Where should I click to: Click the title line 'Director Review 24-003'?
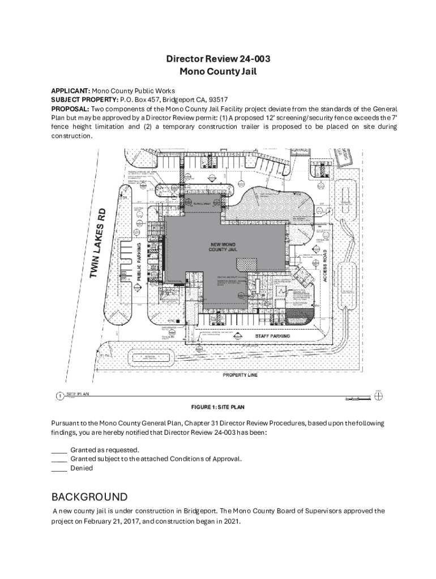217,59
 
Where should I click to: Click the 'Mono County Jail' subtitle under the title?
217,71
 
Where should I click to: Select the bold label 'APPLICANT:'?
71,90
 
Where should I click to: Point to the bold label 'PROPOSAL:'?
70,109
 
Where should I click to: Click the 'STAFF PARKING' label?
272,336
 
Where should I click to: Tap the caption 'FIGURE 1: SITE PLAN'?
217,407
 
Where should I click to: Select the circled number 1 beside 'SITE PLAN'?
60,396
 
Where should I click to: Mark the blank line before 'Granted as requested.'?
59,450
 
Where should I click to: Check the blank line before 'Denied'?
59,468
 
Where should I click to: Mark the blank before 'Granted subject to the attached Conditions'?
59,459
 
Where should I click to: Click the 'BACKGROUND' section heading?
89,497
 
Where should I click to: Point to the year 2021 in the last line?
233,522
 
